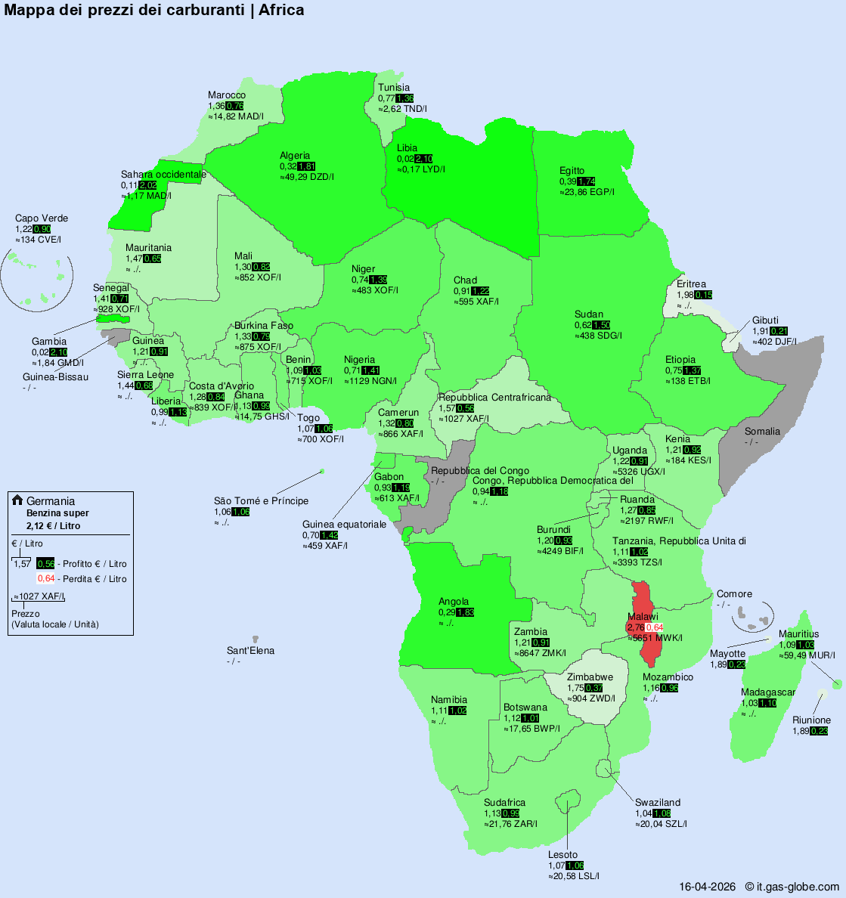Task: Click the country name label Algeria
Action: click(295, 156)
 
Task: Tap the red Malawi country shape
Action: click(645, 605)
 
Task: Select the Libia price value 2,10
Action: click(423, 159)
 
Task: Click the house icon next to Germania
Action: click(17, 500)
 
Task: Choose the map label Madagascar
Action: click(767, 692)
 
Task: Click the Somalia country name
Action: click(762, 432)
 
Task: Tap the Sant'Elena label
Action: click(250, 651)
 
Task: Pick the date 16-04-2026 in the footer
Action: click(707, 887)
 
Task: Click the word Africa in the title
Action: click(281, 10)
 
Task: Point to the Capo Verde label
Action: click(42, 218)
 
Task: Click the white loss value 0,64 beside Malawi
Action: click(654, 627)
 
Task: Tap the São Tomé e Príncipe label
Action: click(261, 500)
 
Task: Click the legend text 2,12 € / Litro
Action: click(53, 526)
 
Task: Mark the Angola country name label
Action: click(454, 602)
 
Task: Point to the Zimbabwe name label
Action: click(590, 677)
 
